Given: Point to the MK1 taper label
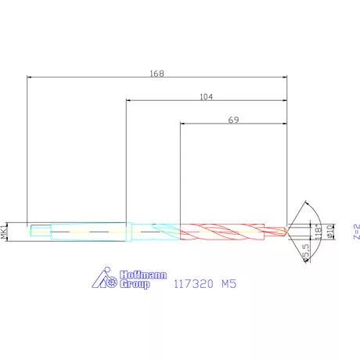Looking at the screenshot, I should (5, 231).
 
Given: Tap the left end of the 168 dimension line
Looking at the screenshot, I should (27, 77).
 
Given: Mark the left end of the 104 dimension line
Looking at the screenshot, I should (126, 100).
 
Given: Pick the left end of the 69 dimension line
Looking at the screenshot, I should (181, 123).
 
